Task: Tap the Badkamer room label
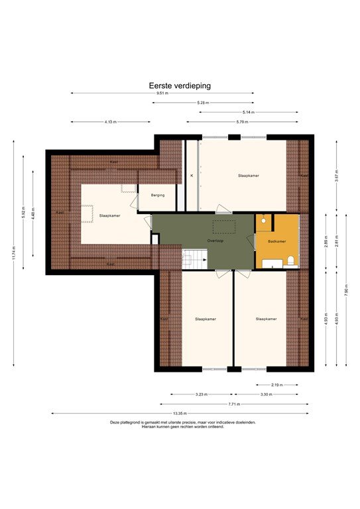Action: click(x=277, y=242)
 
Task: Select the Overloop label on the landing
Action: click(x=215, y=241)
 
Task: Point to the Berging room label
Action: click(x=158, y=195)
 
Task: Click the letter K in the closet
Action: click(x=192, y=176)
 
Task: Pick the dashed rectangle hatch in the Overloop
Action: click(x=223, y=225)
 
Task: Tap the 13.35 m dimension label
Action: click(x=179, y=414)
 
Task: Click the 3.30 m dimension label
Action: click(x=265, y=394)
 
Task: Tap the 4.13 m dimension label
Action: click(x=110, y=122)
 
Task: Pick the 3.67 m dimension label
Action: click(x=337, y=177)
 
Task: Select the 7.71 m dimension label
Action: click(x=234, y=404)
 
